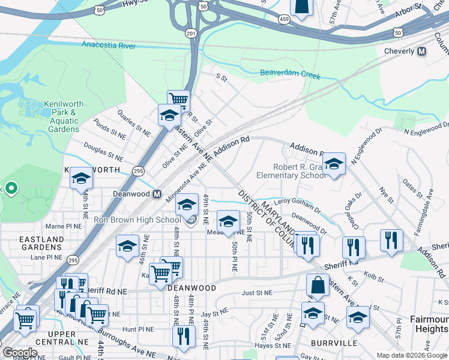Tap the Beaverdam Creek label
(x=291, y=75)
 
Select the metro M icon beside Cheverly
(x=421, y=52)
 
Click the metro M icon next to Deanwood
(x=157, y=194)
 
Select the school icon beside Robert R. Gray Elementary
(x=333, y=163)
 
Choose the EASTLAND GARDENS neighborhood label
(x=41, y=244)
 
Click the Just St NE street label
(x=256, y=293)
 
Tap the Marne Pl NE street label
(x=63, y=227)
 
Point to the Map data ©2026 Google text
(x=411, y=355)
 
